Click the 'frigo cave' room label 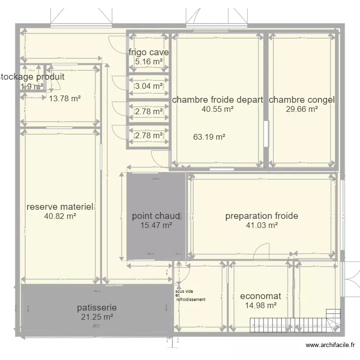tap(148, 52)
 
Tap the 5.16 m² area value tap(148, 61)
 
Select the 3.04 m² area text tap(148, 86)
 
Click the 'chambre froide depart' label tap(217, 100)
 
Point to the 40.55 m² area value tap(217, 109)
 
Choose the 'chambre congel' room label tap(301, 100)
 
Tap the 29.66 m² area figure tap(302, 109)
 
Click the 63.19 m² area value tap(209, 137)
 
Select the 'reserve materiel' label tap(60, 207)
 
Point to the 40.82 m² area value tap(60, 216)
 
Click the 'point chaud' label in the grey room tap(156, 216)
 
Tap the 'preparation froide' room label tap(262, 216)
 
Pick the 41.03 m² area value tap(262, 225)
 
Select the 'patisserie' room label tap(97, 308)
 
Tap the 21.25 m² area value tap(97, 317)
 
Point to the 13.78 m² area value tap(65, 99)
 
